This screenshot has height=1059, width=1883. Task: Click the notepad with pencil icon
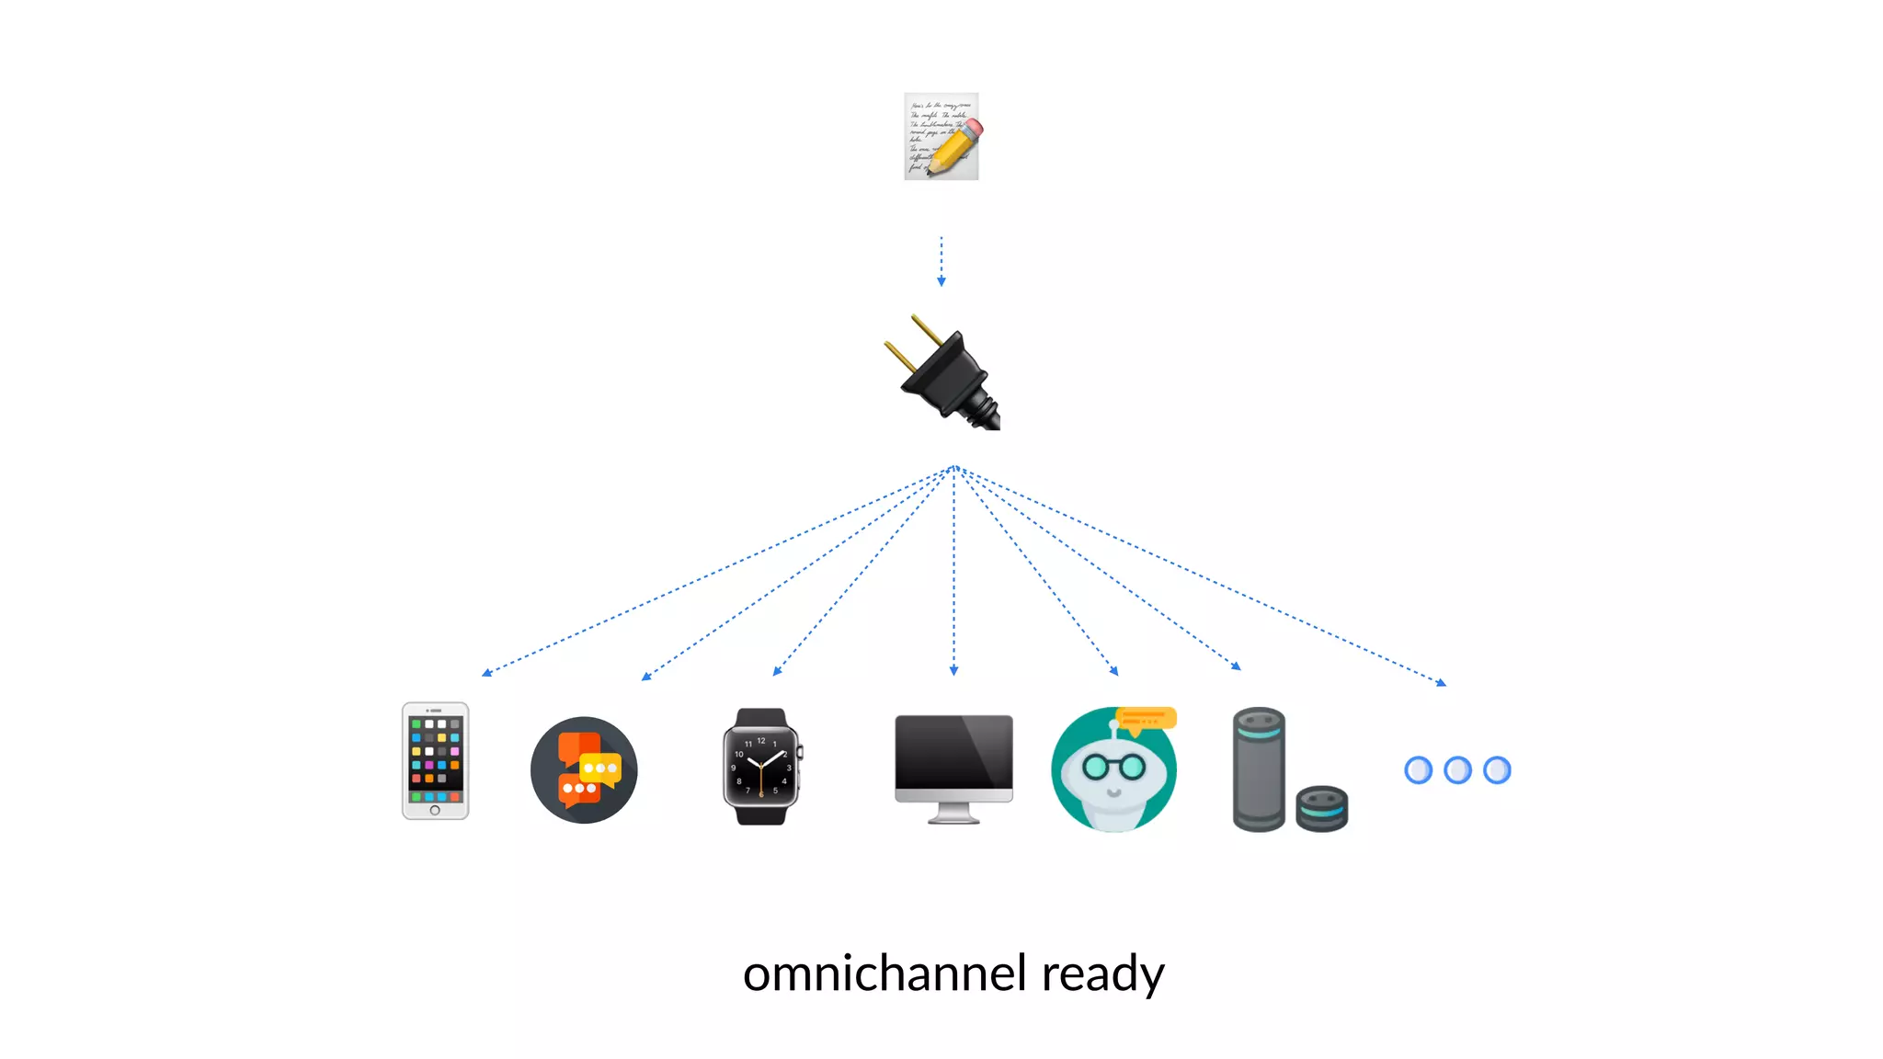coord(940,136)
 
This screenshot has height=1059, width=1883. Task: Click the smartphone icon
coord(435,760)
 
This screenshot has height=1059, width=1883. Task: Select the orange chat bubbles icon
coord(584,770)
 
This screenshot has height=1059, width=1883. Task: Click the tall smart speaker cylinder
coord(1258,770)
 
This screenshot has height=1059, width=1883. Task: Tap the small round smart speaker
coord(1321,808)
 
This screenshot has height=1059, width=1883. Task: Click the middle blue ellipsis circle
coord(1457,770)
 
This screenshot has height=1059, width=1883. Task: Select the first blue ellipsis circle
coord(1418,770)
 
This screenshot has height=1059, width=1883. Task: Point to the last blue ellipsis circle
coord(1497,770)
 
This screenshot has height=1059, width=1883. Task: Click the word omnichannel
coord(884,974)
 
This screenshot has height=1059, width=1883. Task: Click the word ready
coord(1102,974)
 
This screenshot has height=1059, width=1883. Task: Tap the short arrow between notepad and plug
coord(941,261)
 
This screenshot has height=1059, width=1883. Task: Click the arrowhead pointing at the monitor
coord(953,671)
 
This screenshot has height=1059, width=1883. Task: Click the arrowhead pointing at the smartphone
coord(487,673)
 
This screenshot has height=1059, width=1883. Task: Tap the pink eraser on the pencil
coord(974,130)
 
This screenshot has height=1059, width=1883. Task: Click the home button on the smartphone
coord(435,810)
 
